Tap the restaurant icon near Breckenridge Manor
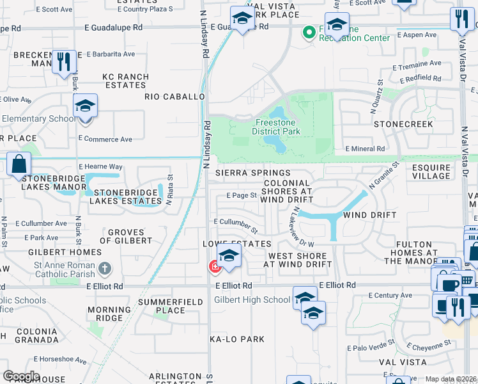pyautogui.click(x=63, y=61)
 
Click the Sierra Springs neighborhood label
pyautogui.click(x=252, y=173)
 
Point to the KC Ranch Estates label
pyautogui.click(x=126, y=81)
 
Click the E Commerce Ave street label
pyautogui.click(x=105, y=139)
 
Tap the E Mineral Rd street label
pyautogui.click(x=365, y=148)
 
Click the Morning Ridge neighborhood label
pyautogui.click(x=105, y=314)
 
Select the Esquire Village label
pyautogui.click(x=431, y=172)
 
